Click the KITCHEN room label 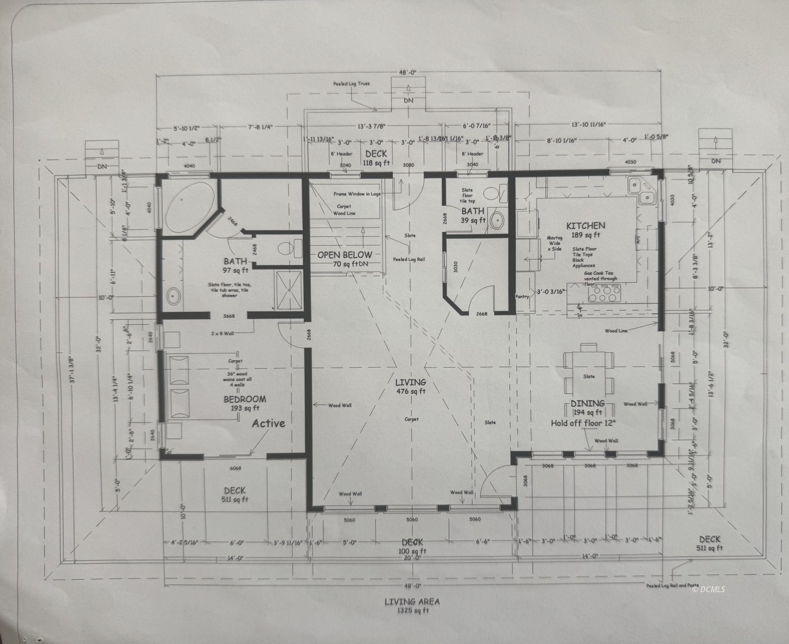tap(585, 226)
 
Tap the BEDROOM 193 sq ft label tap(245, 399)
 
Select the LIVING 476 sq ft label tap(410, 382)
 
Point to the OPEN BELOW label tap(344, 255)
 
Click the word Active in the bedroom tap(268, 423)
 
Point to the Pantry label tap(522, 297)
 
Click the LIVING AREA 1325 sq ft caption tap(412, 606)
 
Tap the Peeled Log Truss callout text tap(351, 84)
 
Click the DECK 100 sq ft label tap(412, 546)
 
